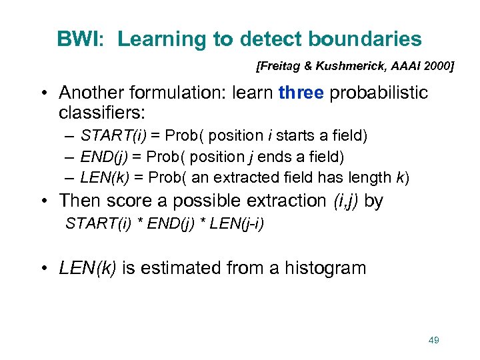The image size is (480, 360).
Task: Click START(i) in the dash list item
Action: click(x=107, y=136)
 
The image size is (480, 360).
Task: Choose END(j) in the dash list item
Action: click(x=102, y=157)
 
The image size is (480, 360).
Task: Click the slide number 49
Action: click(x=433, y=340)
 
